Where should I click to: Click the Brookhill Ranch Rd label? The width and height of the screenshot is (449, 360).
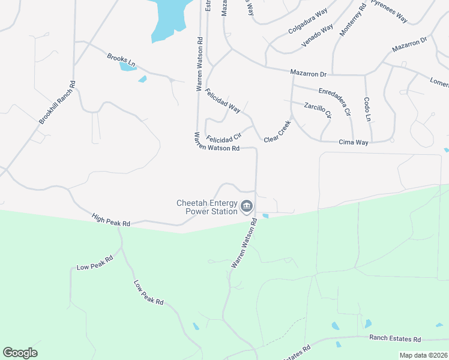pyautogui.click(x=57, y=103)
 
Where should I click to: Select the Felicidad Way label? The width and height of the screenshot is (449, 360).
pyautogui.click(x=222, y=101)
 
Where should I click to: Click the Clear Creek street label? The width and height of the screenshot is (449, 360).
pyautogui.click(x=277, y=131)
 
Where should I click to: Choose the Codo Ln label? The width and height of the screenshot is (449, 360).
pyautogui.click(x=367, y=109)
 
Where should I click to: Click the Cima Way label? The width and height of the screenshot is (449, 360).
pyautogui.click(x=354, y=142)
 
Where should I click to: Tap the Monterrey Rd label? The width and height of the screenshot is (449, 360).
pyautogui.click(x=352, y=21)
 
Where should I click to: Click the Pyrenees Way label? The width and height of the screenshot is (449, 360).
pyautogui.click(x=389, y=11)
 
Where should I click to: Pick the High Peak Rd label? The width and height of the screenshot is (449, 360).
pyautogui.click(x=111, y=220)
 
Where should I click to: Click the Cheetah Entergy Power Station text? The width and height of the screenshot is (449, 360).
pyautogui.click(x=206, y=207)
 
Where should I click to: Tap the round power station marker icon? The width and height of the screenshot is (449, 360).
pyautogui.click(x=247, y=208)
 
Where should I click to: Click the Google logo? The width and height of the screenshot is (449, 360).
pyautogui.click(x=20, y=353)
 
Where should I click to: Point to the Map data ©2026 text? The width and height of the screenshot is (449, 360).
pyautogui.click(x=423, y=355)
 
